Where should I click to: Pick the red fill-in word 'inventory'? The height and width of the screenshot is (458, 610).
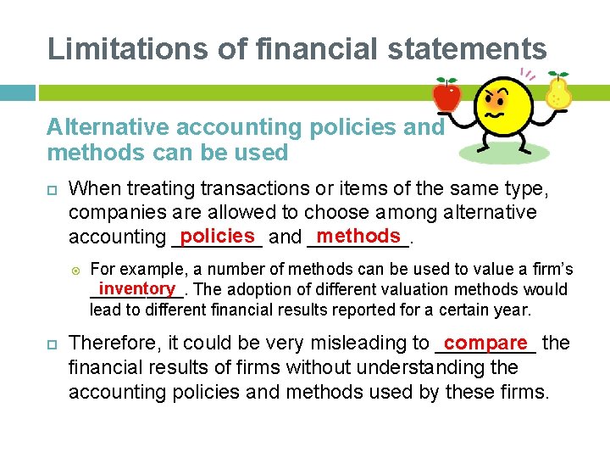(135, 289)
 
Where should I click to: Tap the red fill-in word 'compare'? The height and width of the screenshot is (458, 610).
(485, 343)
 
